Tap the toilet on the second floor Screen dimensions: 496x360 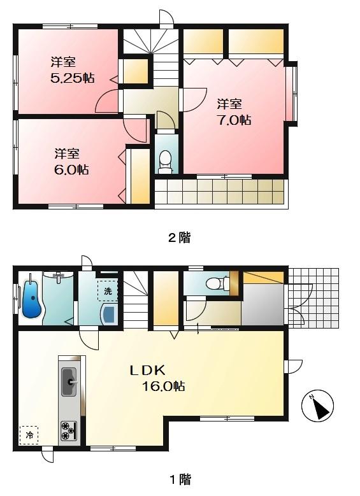click(165, 161)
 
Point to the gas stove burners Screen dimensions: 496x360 click(68, 431)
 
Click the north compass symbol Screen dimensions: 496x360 click(319, 406)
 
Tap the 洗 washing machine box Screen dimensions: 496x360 click(107, 291)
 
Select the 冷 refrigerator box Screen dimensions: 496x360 click(29, 436)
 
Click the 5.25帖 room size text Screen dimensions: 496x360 click(73, 78)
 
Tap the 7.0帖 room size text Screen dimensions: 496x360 click(233, 120)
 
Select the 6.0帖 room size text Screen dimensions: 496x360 click(71, 170)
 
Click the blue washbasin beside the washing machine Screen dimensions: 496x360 click(109, 313)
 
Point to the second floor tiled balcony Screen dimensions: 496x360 click(219, 191)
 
